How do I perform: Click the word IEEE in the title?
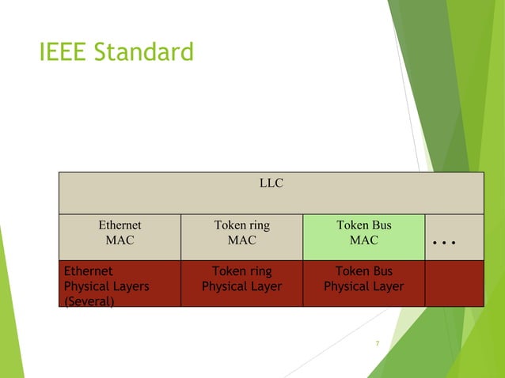tap(63, 53)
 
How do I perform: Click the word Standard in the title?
tap(143, 53)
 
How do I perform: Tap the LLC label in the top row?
tap(271, 183)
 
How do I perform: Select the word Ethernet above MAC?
tap(120, 225)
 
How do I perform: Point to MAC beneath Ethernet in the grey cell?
tap(120, 240)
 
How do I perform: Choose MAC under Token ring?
tap(241, 240)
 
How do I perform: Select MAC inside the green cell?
tap(364, 240)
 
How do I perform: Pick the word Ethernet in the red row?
tap(88, 271)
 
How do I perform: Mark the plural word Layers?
tap(130, 286)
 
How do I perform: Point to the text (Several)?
tap(89, 301)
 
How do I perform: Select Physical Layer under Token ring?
tap(241, 286)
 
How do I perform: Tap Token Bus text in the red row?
tap(364, 271)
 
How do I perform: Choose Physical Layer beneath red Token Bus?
tap(364, 286)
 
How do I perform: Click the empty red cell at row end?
tap(454, 283)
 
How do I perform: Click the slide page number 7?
tap(378, 343)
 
